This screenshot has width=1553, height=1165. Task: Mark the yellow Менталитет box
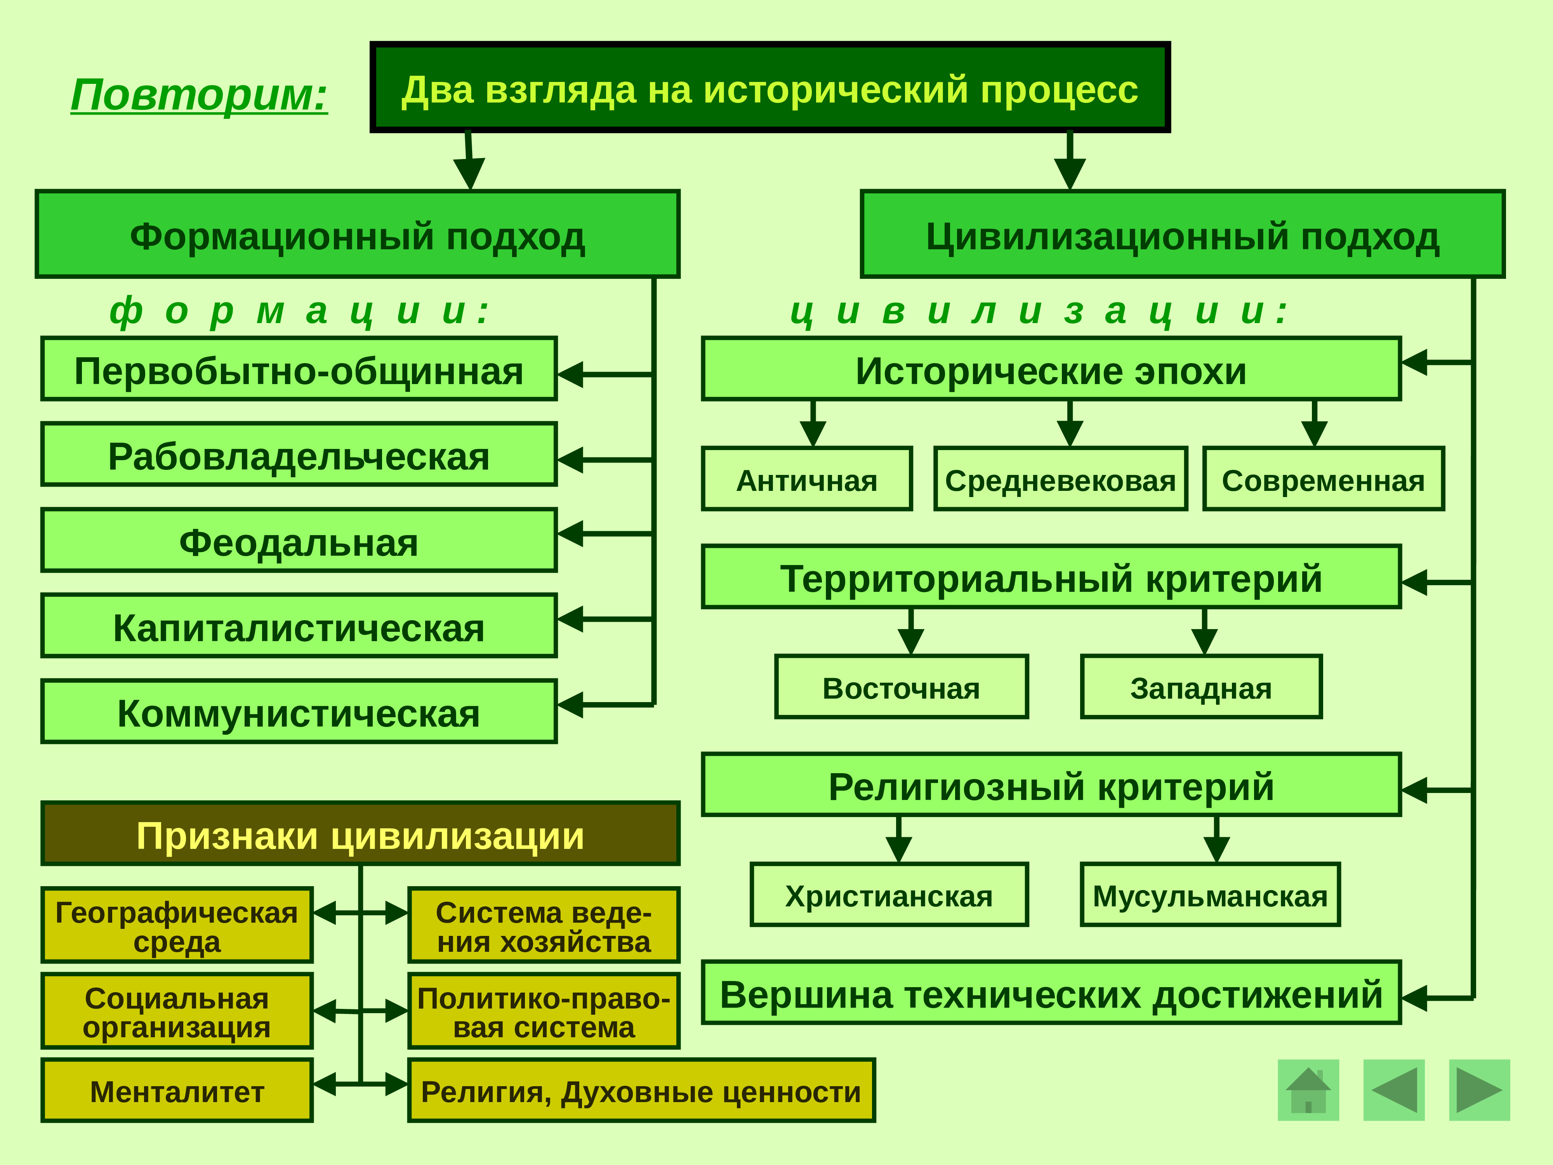(177, 1090)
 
